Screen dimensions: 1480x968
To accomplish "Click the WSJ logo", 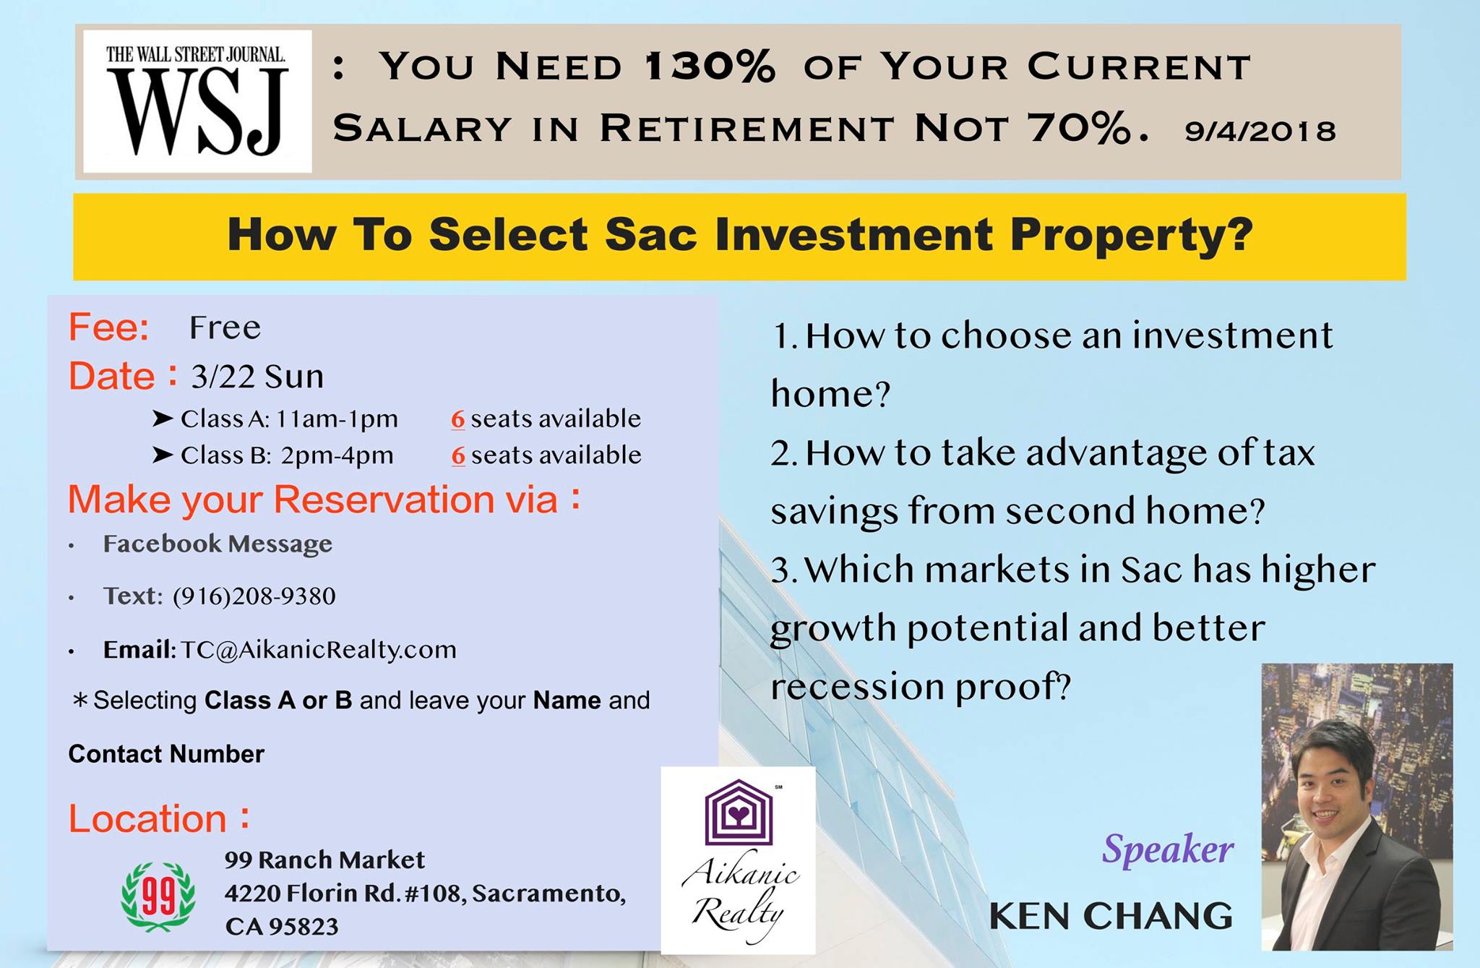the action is tap(197, 101).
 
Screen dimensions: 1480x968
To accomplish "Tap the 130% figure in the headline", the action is tap(709, 67).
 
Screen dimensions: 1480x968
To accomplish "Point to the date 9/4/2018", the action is tap(1260, 131).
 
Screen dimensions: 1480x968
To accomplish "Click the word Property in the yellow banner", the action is tap(1131, 236).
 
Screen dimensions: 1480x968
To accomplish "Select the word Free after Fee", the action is tap(225, 327).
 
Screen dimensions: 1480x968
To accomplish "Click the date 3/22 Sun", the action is tap(257, 377).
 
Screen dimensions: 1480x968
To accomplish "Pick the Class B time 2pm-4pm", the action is tap(337, 455).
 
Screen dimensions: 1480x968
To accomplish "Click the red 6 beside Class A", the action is tap(458, 419).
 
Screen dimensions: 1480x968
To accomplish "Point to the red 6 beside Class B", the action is tap(458, 455).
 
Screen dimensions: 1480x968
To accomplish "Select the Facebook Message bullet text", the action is tap(218, 544).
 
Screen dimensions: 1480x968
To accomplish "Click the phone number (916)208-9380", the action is tap(254, 596).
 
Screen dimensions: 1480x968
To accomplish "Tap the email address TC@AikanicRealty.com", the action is tap(319, 649).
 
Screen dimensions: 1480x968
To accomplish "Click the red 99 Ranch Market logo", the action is tap(158, 896).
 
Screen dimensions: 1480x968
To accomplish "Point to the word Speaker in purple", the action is tap(1168, 849).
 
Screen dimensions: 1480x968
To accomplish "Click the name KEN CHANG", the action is tap(1111, 916).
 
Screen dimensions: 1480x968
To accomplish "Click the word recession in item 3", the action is tap(856, 687).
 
